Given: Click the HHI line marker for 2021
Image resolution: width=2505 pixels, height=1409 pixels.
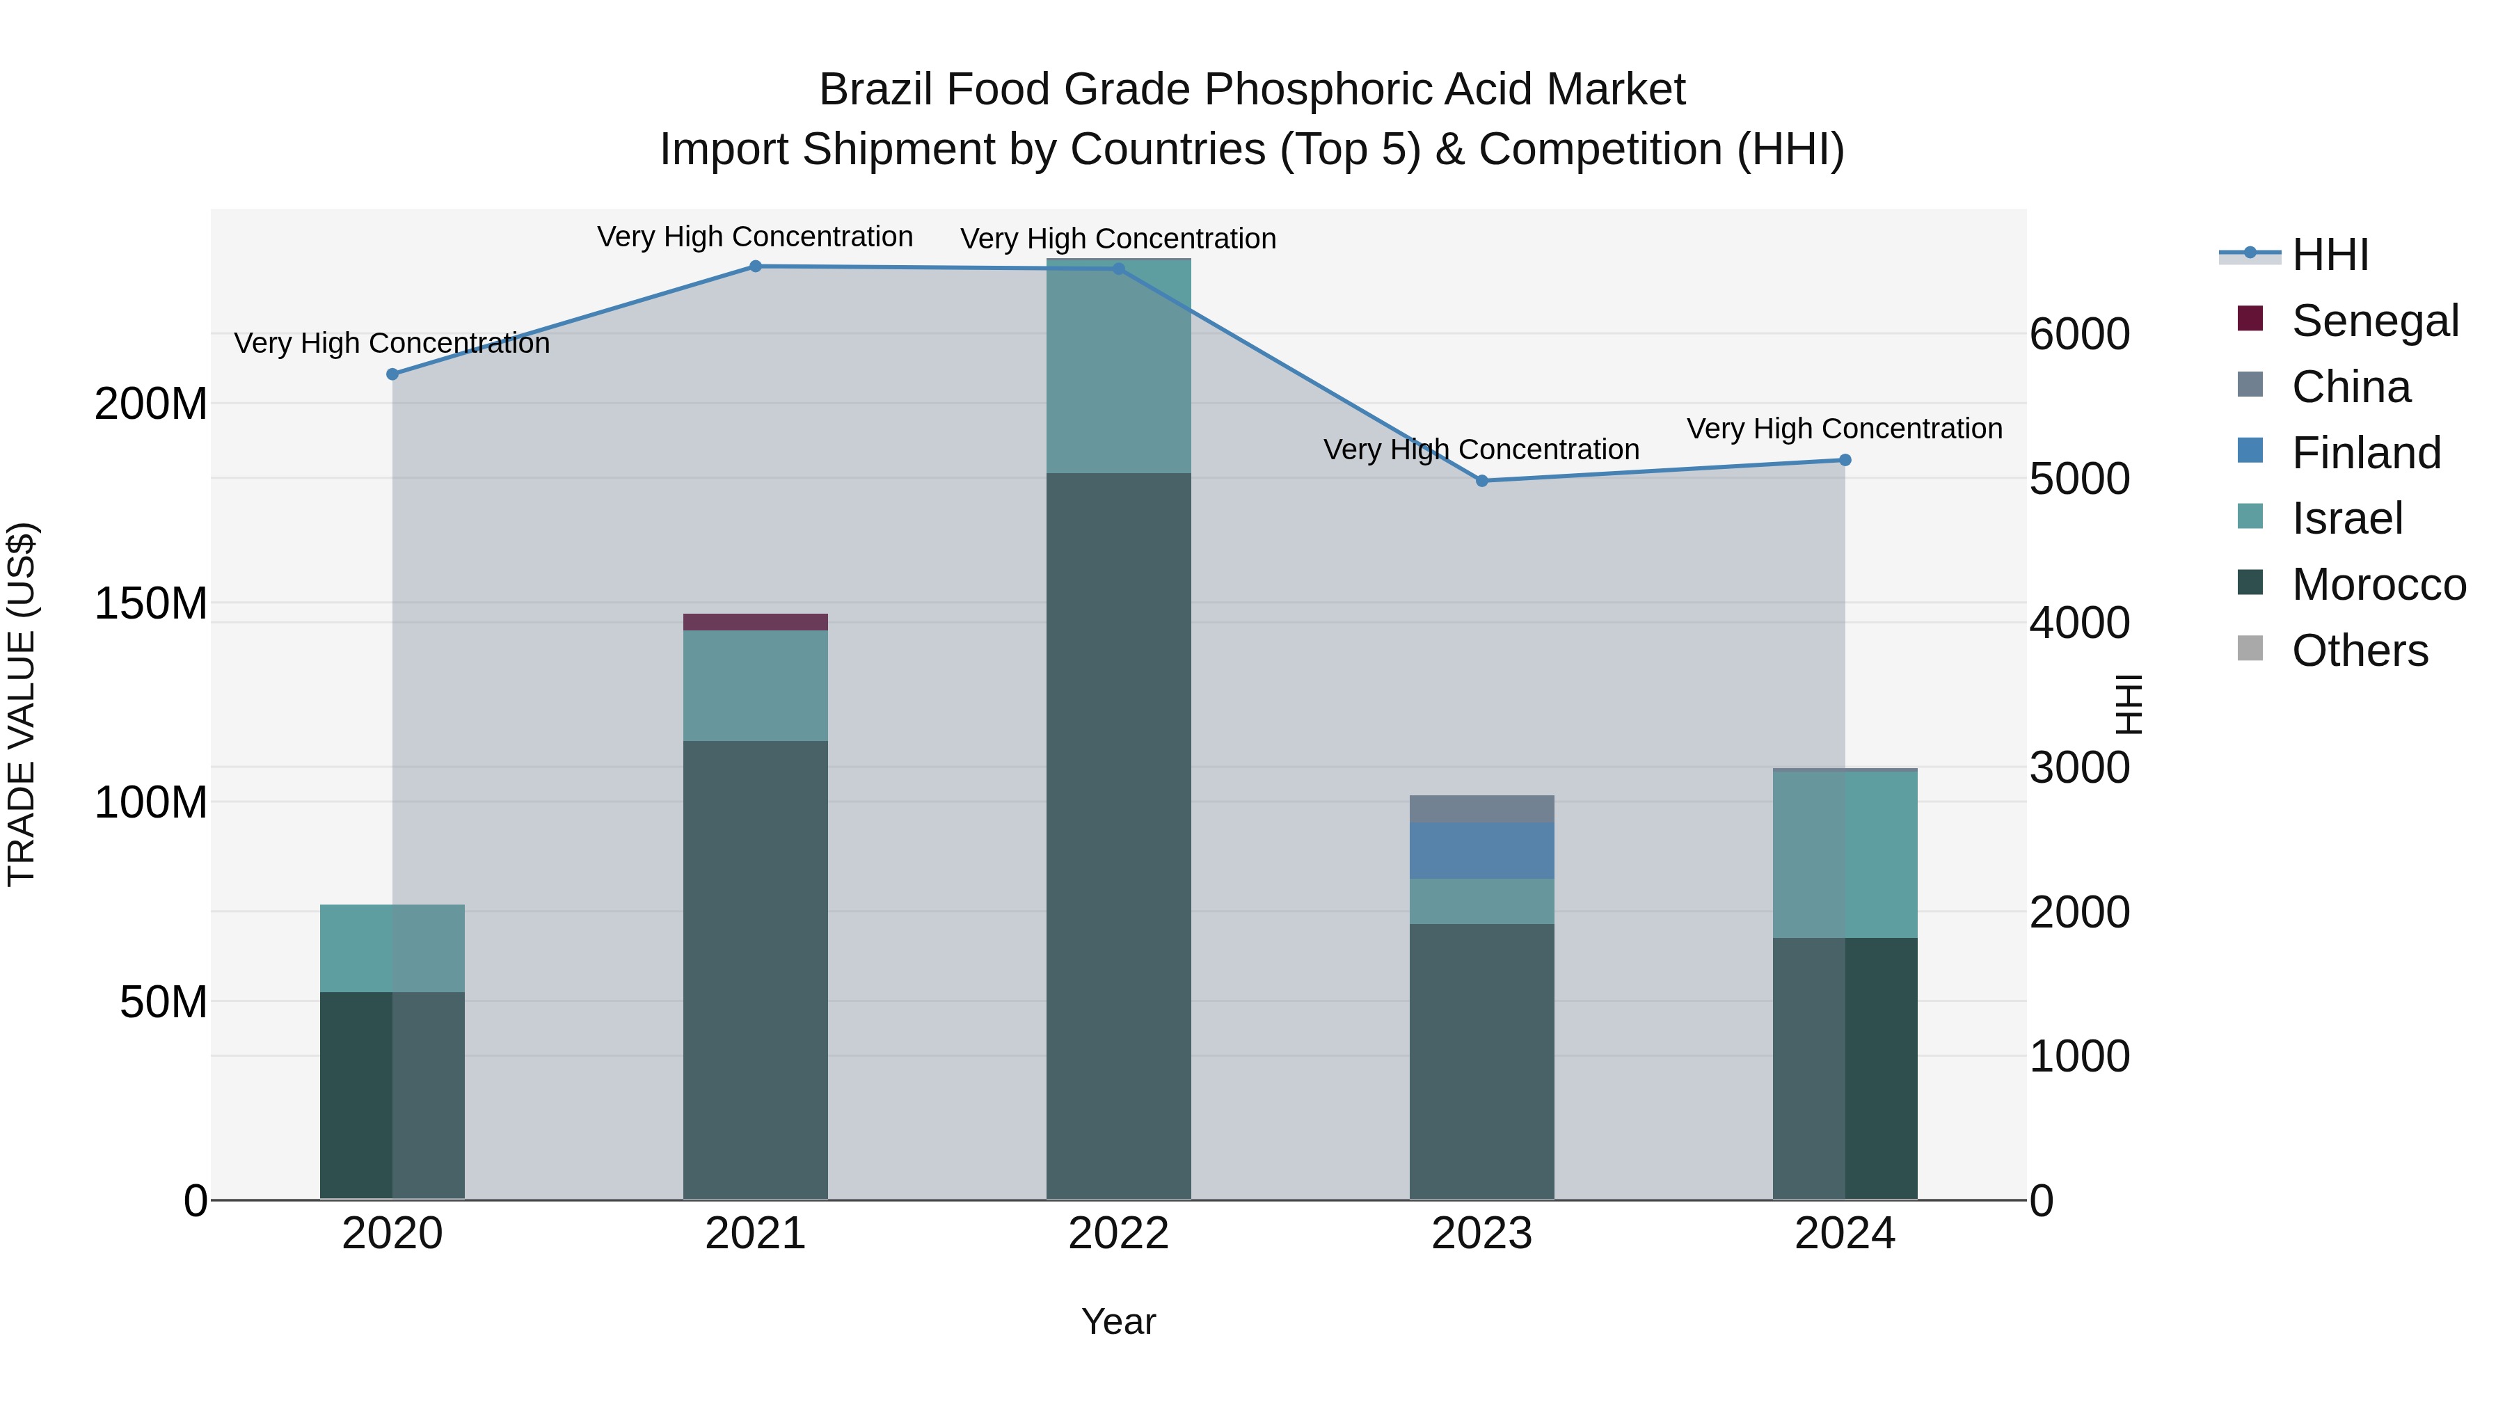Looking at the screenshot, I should coord(756,266).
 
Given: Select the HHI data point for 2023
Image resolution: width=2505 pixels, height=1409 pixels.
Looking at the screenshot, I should coord(1482,480).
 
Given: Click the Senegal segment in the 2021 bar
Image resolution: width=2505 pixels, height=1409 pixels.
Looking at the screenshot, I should coord(756,622).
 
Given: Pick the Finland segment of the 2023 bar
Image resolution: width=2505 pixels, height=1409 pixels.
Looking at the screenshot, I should coord(1482,850).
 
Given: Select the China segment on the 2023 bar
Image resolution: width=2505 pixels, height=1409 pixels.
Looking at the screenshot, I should coord(1482,808).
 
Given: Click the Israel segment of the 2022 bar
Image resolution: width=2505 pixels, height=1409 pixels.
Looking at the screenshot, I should coord(1118,367).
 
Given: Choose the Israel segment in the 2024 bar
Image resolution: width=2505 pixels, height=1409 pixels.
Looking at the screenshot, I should coord(1845,854).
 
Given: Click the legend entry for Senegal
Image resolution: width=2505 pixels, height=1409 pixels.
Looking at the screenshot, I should coord(2375,321).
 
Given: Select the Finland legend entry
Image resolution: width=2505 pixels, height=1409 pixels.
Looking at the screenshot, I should coord(2365,453).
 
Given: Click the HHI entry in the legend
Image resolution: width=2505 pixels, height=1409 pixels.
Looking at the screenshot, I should coord(2330,255).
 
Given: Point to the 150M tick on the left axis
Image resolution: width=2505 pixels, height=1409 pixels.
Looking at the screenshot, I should coord(151,604).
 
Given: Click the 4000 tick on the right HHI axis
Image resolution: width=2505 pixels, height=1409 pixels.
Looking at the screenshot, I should coord(2080,623).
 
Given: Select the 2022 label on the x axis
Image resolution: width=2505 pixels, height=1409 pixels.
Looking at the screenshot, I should coord(1118,1234).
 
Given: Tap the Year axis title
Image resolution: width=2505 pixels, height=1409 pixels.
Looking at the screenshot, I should coord(1118,1321).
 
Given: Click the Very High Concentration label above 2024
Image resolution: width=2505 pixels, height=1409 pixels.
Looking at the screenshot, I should coord(1844,429).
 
